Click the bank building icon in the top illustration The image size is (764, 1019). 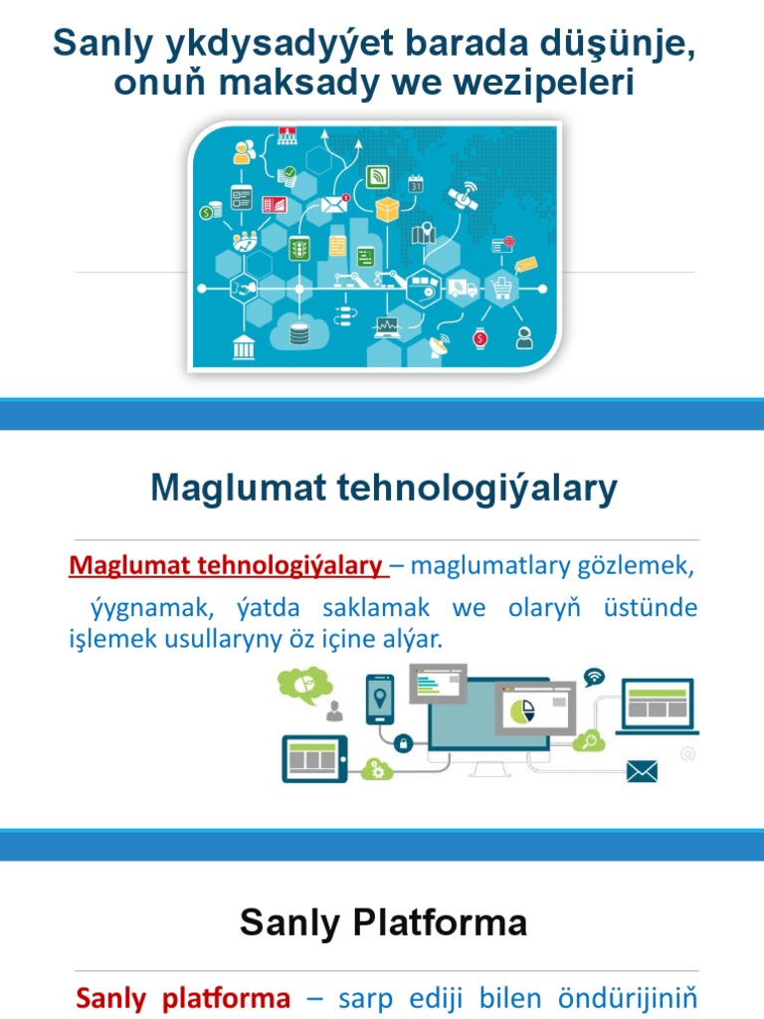(244, 348)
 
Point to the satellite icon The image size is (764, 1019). (464, 196)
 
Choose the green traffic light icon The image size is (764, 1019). (297, 249)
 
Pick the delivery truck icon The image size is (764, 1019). (462, 289)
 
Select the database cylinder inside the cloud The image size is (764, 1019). (299, 333)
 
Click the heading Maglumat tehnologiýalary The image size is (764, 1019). (384, 489)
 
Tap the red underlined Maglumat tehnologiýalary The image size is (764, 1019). (226, 566)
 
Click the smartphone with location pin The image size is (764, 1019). (380, 699)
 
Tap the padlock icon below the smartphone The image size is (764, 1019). (404, 742)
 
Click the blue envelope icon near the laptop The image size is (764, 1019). (642, 770)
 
